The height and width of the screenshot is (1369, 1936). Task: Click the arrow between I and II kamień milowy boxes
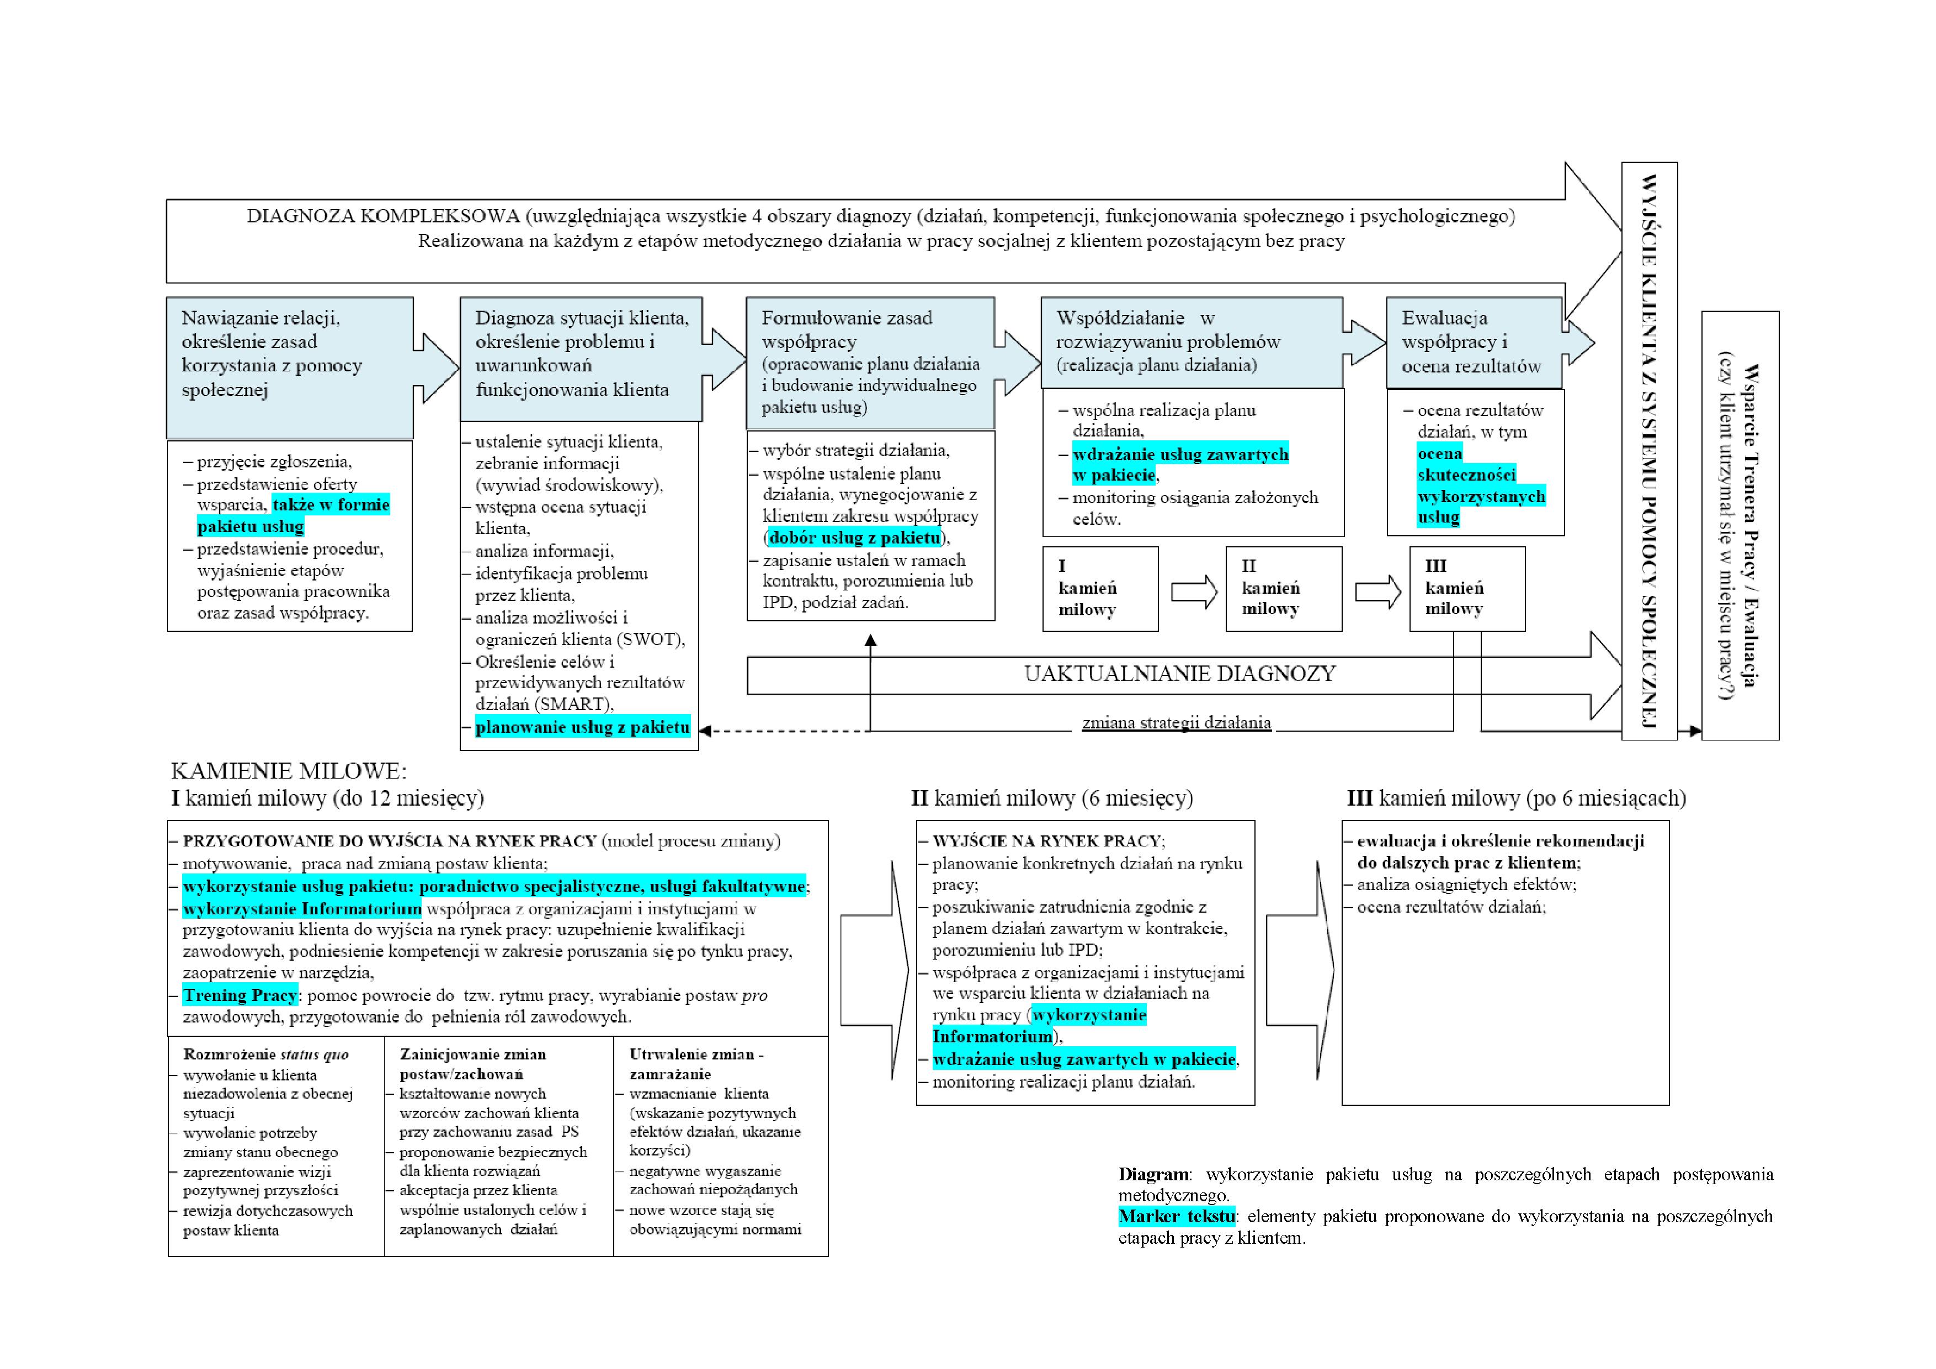tap(1194, 592)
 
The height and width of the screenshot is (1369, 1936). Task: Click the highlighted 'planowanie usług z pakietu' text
tap(583, 727)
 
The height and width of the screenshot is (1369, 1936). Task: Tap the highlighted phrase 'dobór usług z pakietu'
tap(854, 538)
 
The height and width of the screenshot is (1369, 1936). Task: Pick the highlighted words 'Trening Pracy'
tap(240, 995)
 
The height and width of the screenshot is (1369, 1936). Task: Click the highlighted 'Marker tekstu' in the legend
tap(1176, 1216)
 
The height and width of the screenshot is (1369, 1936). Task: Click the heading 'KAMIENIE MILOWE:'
tap(289, 770)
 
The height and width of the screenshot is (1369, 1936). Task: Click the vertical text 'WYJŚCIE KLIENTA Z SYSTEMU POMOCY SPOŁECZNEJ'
tap(1650, 450)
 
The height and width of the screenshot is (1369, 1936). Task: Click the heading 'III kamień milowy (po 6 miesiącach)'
tap(1516, 798)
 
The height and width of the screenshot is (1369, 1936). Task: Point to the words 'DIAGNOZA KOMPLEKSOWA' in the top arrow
tap(383, 217)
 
